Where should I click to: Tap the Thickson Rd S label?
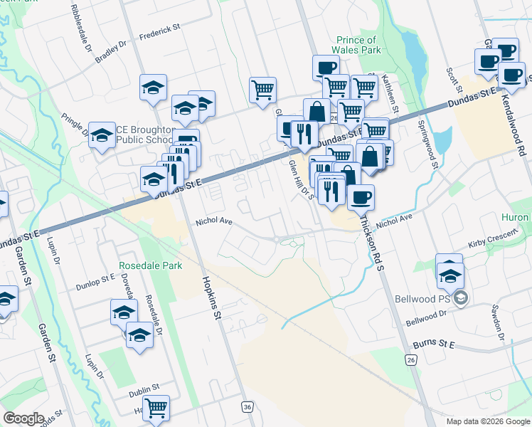point(372,243)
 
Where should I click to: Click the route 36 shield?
point(247,406)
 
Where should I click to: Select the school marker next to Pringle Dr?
point(102,135)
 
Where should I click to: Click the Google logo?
point(24,418)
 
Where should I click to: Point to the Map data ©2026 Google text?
point(488,421)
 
